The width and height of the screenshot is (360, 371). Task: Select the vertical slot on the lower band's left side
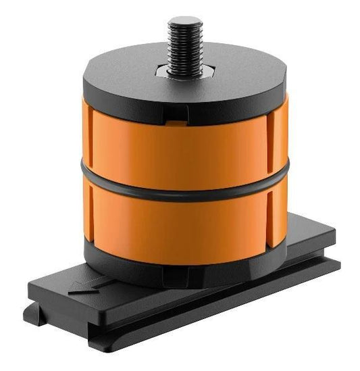tap(91, 211)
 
